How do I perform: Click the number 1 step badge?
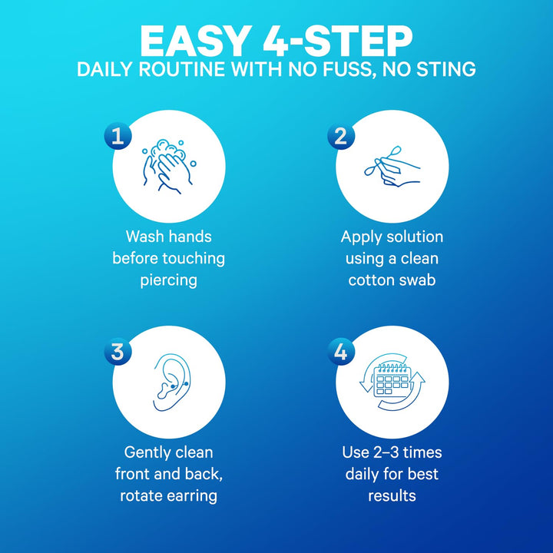117,137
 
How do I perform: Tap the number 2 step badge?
339,137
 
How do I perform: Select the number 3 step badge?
117,352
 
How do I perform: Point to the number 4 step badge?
339,352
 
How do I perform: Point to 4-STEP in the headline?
343,39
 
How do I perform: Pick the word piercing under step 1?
168,280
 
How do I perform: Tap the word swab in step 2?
417,280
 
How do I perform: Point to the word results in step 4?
392,495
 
